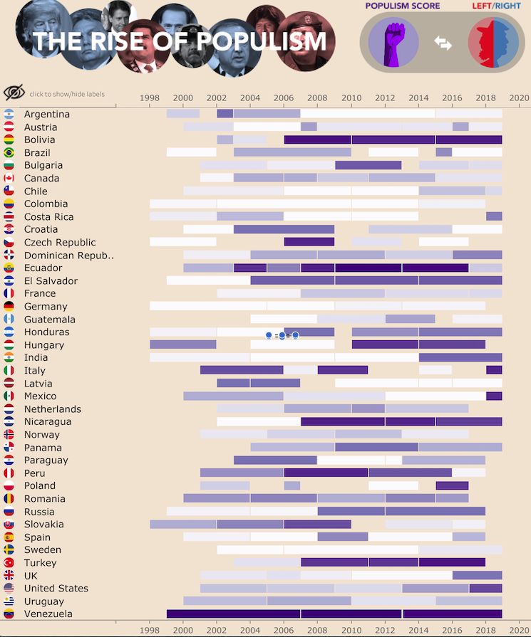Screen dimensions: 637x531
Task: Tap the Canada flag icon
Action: click(9, 178)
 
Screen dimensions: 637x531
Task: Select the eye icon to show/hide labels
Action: click(14, 93)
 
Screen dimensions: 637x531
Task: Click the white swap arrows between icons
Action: click(443, 43)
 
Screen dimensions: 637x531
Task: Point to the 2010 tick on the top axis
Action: click(351, 98)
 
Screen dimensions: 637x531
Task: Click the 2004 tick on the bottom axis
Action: click(250, 630)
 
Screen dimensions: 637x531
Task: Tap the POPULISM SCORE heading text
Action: click(403, 6)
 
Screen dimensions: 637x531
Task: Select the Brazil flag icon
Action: click(9, 152)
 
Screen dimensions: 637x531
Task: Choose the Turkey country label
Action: click(40, 562)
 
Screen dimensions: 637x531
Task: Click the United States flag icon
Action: click(9, 588)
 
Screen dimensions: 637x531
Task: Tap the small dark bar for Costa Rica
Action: click(494, 216)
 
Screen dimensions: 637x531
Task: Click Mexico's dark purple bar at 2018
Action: click(494, 396)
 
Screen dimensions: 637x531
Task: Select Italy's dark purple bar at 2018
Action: click(494, 370)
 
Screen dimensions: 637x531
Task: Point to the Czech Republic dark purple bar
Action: click(309, 242)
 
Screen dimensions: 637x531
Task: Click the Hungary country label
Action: click(44, 344)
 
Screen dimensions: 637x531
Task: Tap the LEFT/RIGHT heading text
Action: click(496, 6)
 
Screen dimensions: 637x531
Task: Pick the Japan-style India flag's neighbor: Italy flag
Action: click(9, 370)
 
